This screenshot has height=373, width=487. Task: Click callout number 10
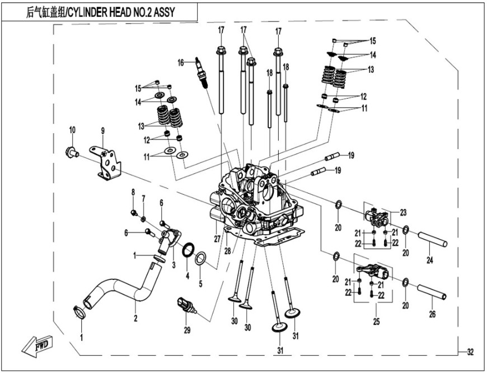click(x=72, y=131)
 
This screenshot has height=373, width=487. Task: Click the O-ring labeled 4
click(x=190, y=248)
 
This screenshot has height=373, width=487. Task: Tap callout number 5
click(x=200, y=276)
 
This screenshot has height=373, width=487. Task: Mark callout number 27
click(x=216, y=237)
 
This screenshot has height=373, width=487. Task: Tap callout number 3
click(x=174, y=263)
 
